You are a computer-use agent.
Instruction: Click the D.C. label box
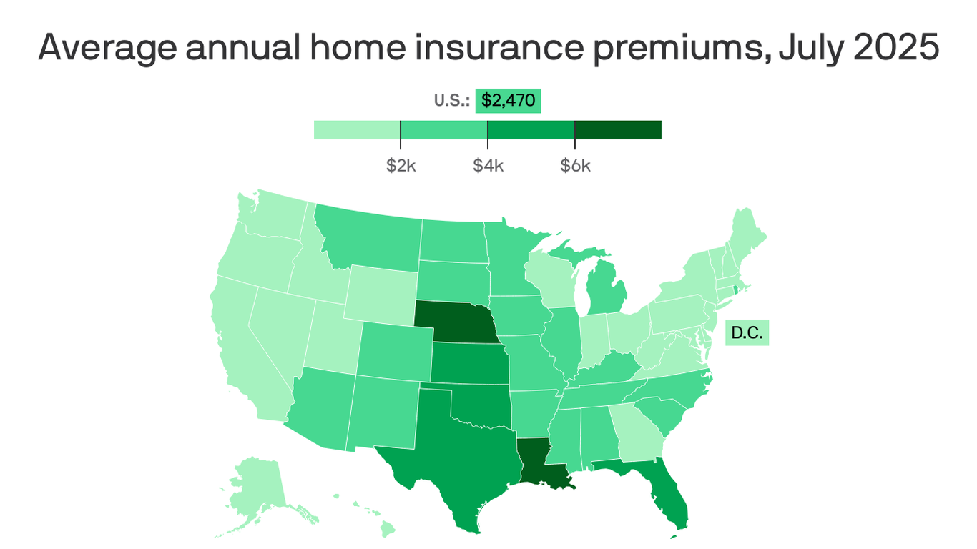point(747,333)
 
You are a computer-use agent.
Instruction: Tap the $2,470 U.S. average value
point(508,101)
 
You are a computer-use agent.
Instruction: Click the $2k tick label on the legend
point(401,166)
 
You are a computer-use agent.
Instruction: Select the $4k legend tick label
point(488,166)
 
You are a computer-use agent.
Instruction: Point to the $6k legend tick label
point(575,166)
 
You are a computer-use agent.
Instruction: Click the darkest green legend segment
point(618,129)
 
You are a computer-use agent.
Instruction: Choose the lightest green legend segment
point(357,129)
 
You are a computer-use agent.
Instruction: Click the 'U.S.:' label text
point(452,101)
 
